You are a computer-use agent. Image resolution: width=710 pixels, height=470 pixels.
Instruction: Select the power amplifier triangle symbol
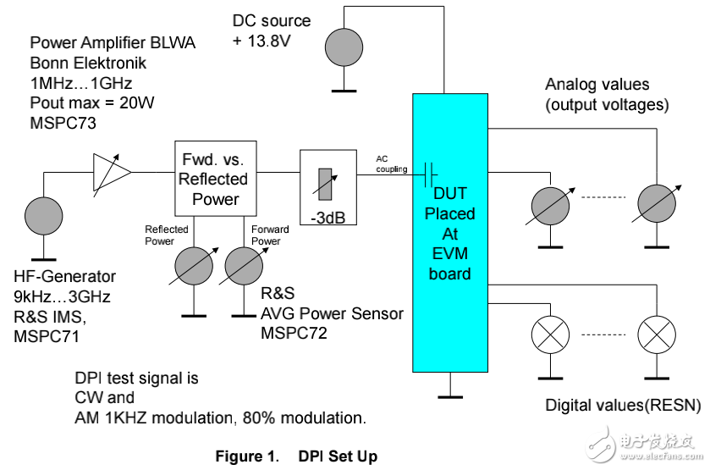click(x=112, y=172)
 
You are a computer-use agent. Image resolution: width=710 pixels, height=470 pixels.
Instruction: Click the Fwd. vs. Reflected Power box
click(x=215, y=178)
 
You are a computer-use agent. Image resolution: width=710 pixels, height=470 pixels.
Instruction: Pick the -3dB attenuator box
click(x=326, y=179)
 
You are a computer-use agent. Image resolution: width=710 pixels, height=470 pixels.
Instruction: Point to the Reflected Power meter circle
click(x=194, y=268)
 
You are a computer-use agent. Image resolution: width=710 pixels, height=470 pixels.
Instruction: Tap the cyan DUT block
click(x=450, y=234)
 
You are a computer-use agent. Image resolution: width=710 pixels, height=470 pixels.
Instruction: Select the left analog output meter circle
click(x=550, y=205)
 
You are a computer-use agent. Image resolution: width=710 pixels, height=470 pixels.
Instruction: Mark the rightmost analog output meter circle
click(x=656, y=205)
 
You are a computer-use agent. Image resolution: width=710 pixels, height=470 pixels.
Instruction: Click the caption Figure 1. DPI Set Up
click(x=296, y=456)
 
